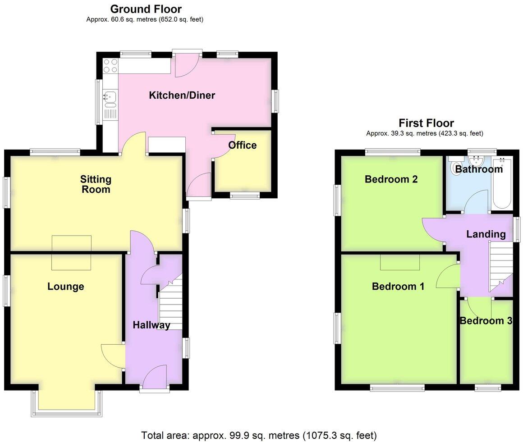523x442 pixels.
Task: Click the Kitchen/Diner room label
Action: coord(182,96)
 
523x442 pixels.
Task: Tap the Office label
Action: coord(242,145)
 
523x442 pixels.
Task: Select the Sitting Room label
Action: coord(96,184)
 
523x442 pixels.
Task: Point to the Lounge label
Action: coord(66,287)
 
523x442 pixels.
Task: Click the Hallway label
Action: coord(151,325)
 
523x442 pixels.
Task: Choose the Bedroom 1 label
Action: coord(398,286)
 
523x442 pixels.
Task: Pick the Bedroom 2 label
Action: coord(391,179)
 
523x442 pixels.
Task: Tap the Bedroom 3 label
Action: coord(486,321)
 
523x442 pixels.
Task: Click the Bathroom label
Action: coord(478,169)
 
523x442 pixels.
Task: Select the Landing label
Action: coord(486,234)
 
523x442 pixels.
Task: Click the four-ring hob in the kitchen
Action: coord(110,66)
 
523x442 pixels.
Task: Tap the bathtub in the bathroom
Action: coord(501,185)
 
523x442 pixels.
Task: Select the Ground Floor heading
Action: coord(146,9)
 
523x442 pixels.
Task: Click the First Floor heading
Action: coord(426,123)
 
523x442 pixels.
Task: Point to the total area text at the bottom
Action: coord(259,435)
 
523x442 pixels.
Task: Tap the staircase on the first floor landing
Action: coord(500,266)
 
